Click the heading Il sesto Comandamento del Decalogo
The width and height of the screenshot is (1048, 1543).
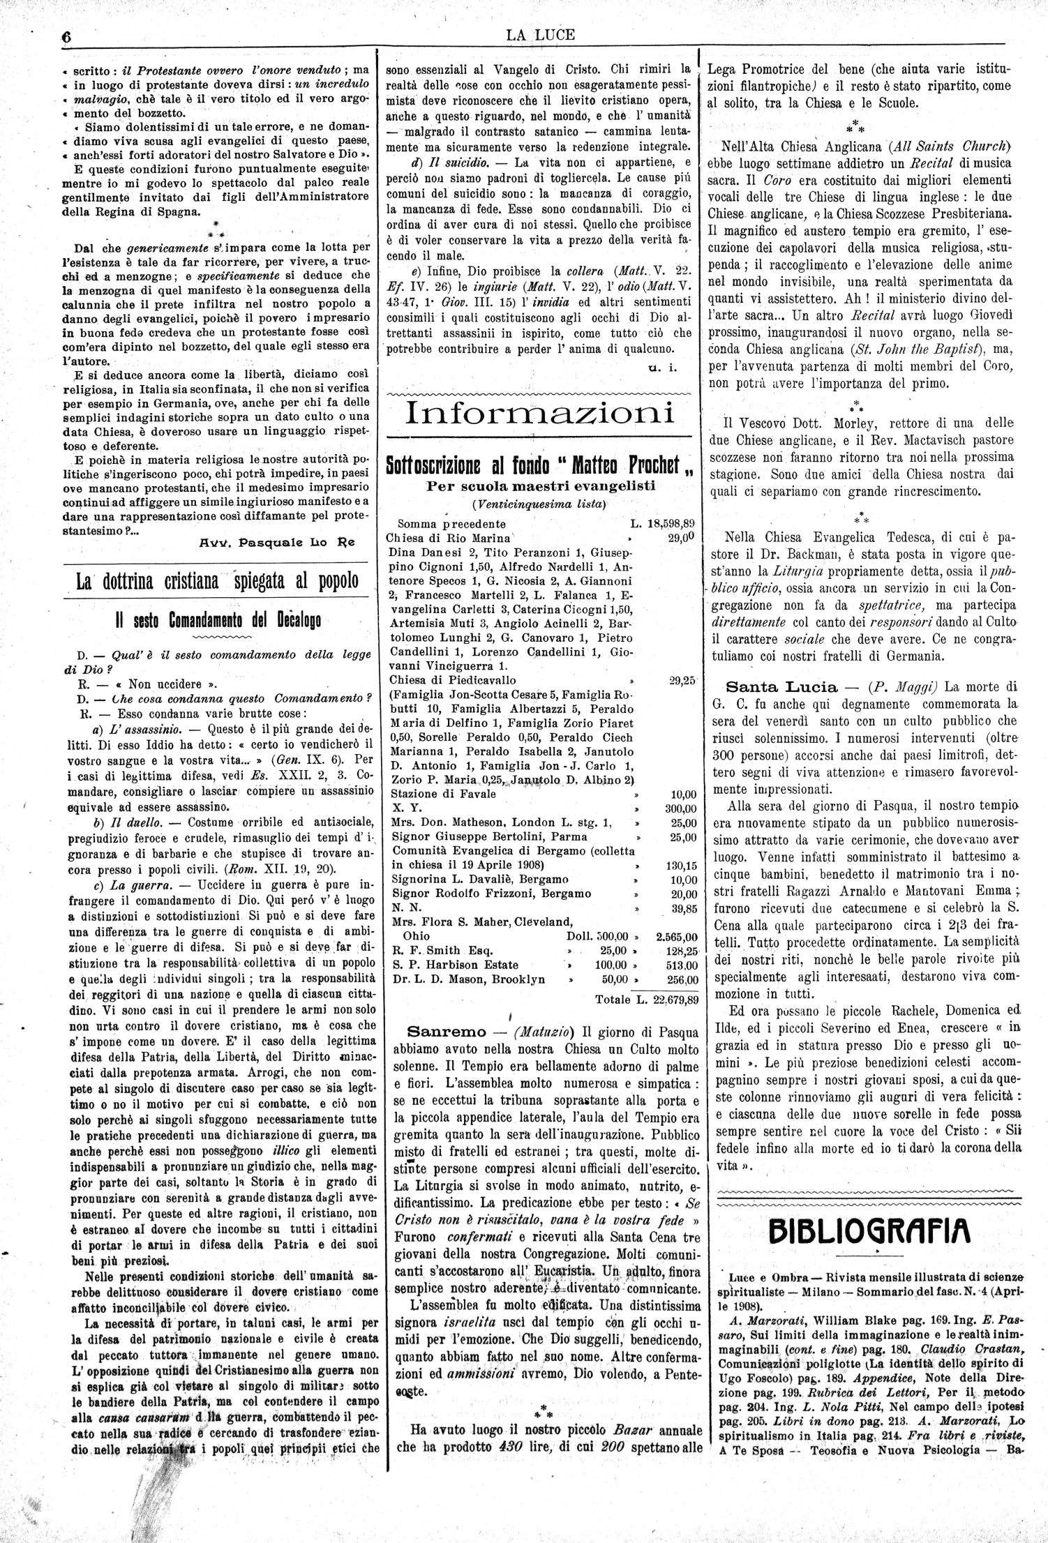(217, 620)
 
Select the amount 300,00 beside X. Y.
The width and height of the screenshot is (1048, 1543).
(680, 808)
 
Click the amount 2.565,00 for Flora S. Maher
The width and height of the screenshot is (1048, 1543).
(677, 936)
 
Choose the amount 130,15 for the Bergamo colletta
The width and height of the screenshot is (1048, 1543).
(681, 865)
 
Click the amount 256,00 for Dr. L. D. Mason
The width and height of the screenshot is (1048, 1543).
(681, 979)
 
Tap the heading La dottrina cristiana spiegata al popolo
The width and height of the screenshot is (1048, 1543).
(217, 581)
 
